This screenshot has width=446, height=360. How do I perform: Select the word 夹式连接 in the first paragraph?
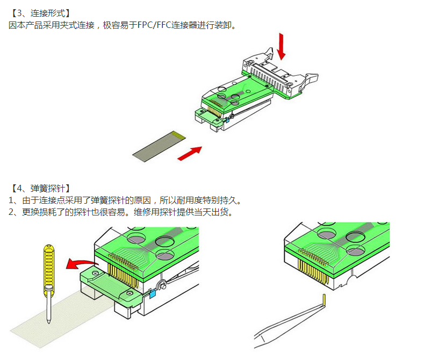tap(77, 25)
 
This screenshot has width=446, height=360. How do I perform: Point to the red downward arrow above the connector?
tap(282, 47)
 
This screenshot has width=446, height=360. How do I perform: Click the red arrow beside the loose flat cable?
tap(189, 153)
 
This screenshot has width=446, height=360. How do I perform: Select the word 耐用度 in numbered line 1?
tap(191, 200)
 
